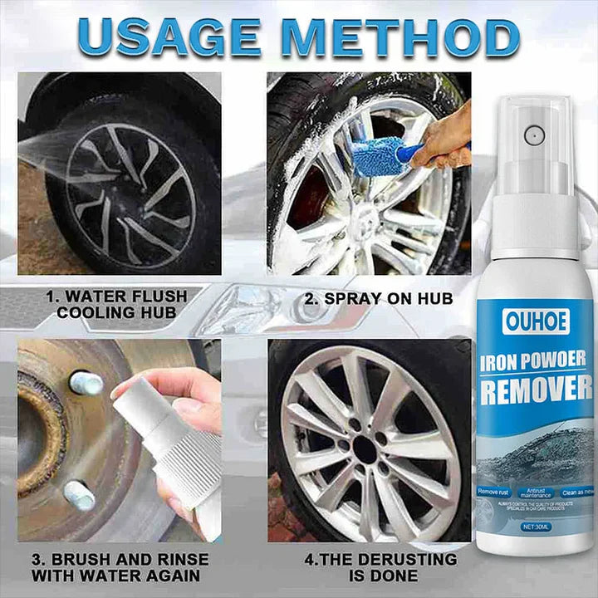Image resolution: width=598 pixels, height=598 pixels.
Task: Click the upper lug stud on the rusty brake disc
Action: click(86, 382)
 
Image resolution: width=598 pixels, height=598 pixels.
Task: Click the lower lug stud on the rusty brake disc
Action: click(80, 495)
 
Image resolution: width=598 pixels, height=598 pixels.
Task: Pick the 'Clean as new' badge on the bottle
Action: click(576, 493)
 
